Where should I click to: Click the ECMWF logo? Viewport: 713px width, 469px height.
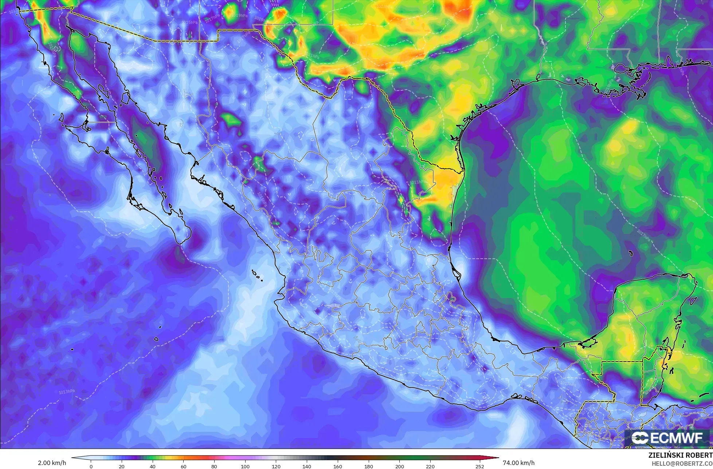pos(667,438)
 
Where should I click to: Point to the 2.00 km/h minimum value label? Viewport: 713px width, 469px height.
pos(52,463)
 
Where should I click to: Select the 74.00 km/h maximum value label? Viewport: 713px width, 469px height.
pos(518,463)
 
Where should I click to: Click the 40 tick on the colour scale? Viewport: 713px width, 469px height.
pos(153,466)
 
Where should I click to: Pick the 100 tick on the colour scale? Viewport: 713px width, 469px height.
pos(245,466)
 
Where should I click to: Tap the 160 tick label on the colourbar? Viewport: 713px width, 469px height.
pos(338,466)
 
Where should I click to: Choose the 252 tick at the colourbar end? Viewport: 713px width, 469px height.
pos(479,466)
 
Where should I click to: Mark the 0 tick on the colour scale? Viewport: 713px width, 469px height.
pos(91,466)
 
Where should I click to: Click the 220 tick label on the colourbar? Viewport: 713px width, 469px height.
pos(430,466)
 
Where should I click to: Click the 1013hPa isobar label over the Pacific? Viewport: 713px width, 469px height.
pos(67,392)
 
